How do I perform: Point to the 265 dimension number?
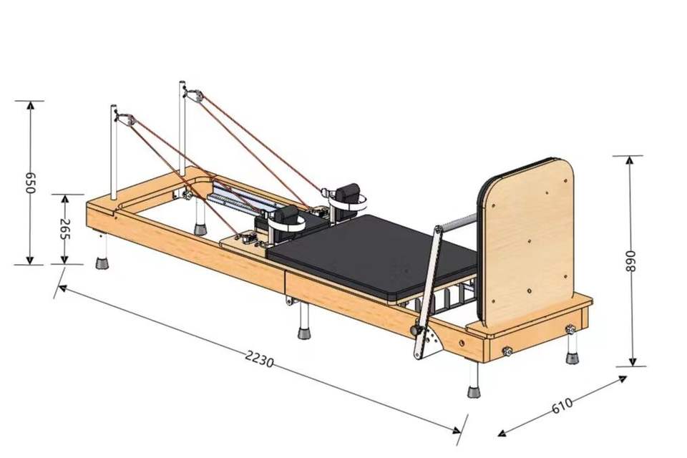(64, 229)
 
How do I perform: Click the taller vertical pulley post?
(182, 129)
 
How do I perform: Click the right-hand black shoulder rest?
(349, 194)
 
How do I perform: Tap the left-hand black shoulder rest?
(286, 215)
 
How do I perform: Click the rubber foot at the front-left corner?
(103, 262)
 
